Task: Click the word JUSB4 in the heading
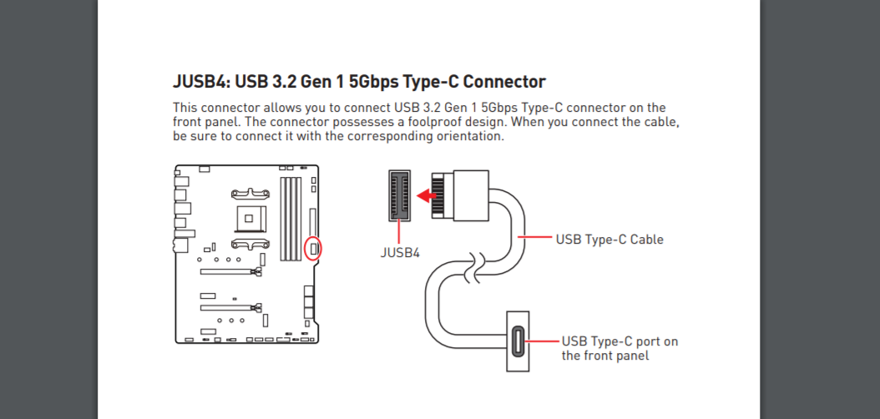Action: [200, 82]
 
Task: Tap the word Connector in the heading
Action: [503, 82]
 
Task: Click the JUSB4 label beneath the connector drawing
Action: [401, 251]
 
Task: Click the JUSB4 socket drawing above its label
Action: [400, 195]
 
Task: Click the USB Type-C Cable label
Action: [609, 240]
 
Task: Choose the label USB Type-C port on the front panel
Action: [619, 348]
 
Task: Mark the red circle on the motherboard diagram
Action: [313, 248]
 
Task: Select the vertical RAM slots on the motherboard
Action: [291, 217]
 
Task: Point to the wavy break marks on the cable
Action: [473, 266]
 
